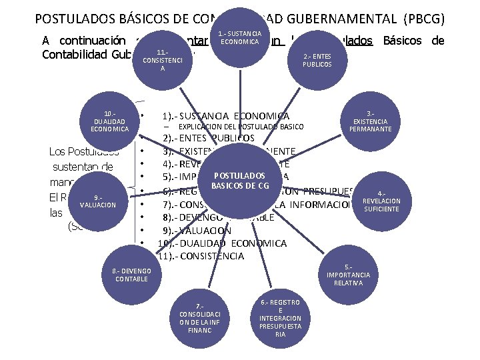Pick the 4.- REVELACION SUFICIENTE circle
click(x=381, y=201)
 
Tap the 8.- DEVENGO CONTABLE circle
click(x=131, y=275)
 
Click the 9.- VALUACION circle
click(x=98, y=201)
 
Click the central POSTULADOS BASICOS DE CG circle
click(x=239, y=180)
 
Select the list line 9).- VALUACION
click(x=197, y=231)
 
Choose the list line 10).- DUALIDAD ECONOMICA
click(x=221, y=243)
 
